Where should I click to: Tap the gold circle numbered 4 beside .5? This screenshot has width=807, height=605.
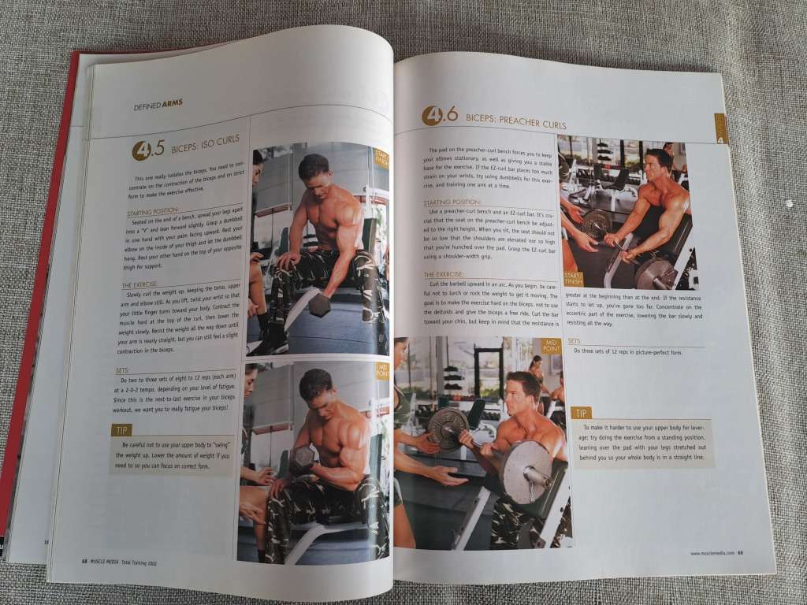(x=140, y=150)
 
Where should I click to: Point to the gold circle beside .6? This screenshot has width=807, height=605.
(x=432, y=117)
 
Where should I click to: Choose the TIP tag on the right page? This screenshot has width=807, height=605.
(x=581, y=413)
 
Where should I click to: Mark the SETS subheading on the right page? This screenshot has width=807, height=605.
(x=574, y=340)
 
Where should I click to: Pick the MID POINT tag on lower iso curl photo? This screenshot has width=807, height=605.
(x=382, y=369)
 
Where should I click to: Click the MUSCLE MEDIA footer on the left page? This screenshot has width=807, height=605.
(x=111, y=562)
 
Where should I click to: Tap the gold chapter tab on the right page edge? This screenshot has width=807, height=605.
(x=720, y=128)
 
